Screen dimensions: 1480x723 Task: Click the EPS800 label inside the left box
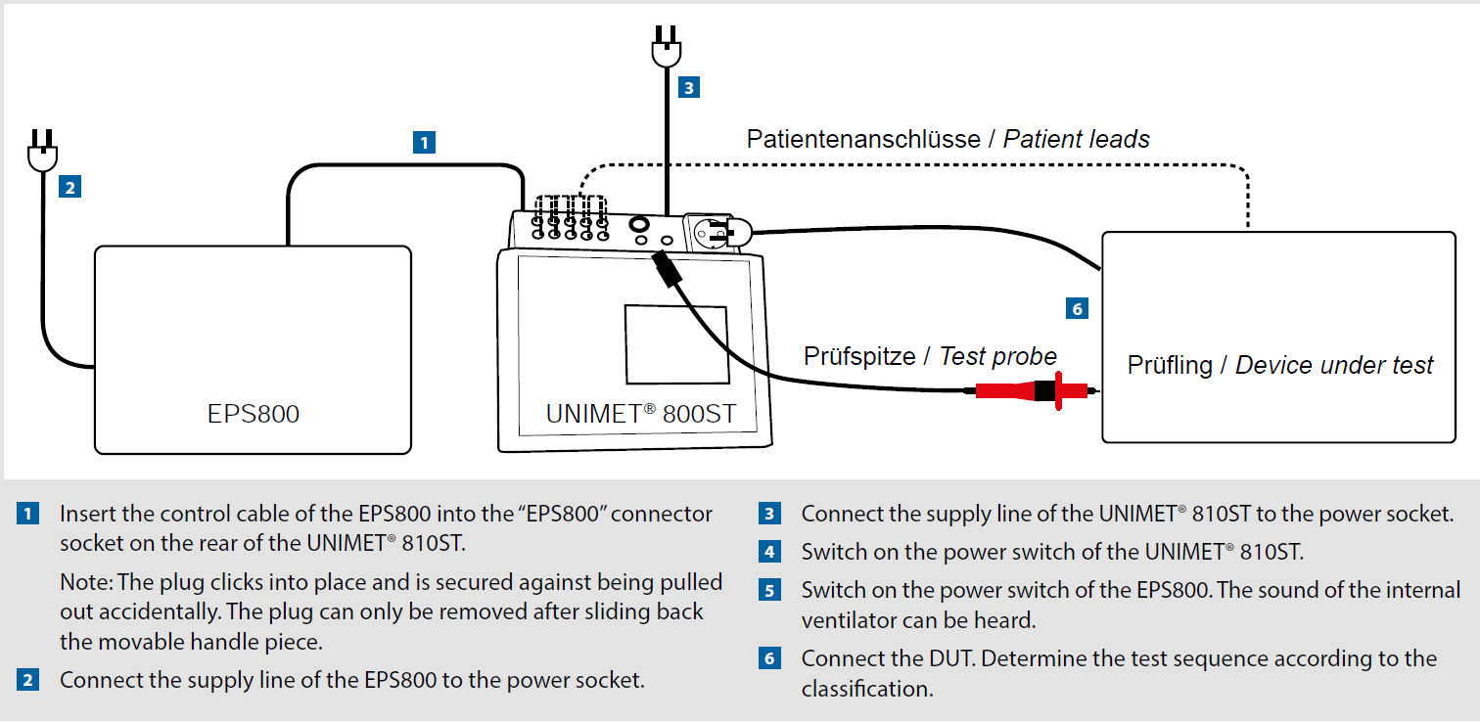point(254,414)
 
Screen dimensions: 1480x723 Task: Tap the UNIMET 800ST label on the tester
point(640,414)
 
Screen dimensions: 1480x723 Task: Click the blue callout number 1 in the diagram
point(424,142)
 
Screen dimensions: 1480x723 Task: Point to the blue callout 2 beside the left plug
point(70,187)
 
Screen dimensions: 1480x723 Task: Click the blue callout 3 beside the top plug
point(689,87)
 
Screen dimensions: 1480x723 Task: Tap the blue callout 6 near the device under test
point(1077,308)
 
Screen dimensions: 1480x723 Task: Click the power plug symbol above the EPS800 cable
point(43,151)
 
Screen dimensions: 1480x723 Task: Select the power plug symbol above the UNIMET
point(666,47)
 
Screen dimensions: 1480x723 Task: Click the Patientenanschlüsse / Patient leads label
point(948,139)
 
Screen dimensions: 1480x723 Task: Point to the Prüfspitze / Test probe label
point(930,356)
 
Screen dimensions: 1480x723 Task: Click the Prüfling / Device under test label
point(1279,365)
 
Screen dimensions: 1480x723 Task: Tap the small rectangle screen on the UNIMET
point(677,344)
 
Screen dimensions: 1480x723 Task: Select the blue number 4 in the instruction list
point(769,552)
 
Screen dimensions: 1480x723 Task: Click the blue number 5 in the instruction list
point(769,590)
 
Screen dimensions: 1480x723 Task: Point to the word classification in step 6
point(867,689)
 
